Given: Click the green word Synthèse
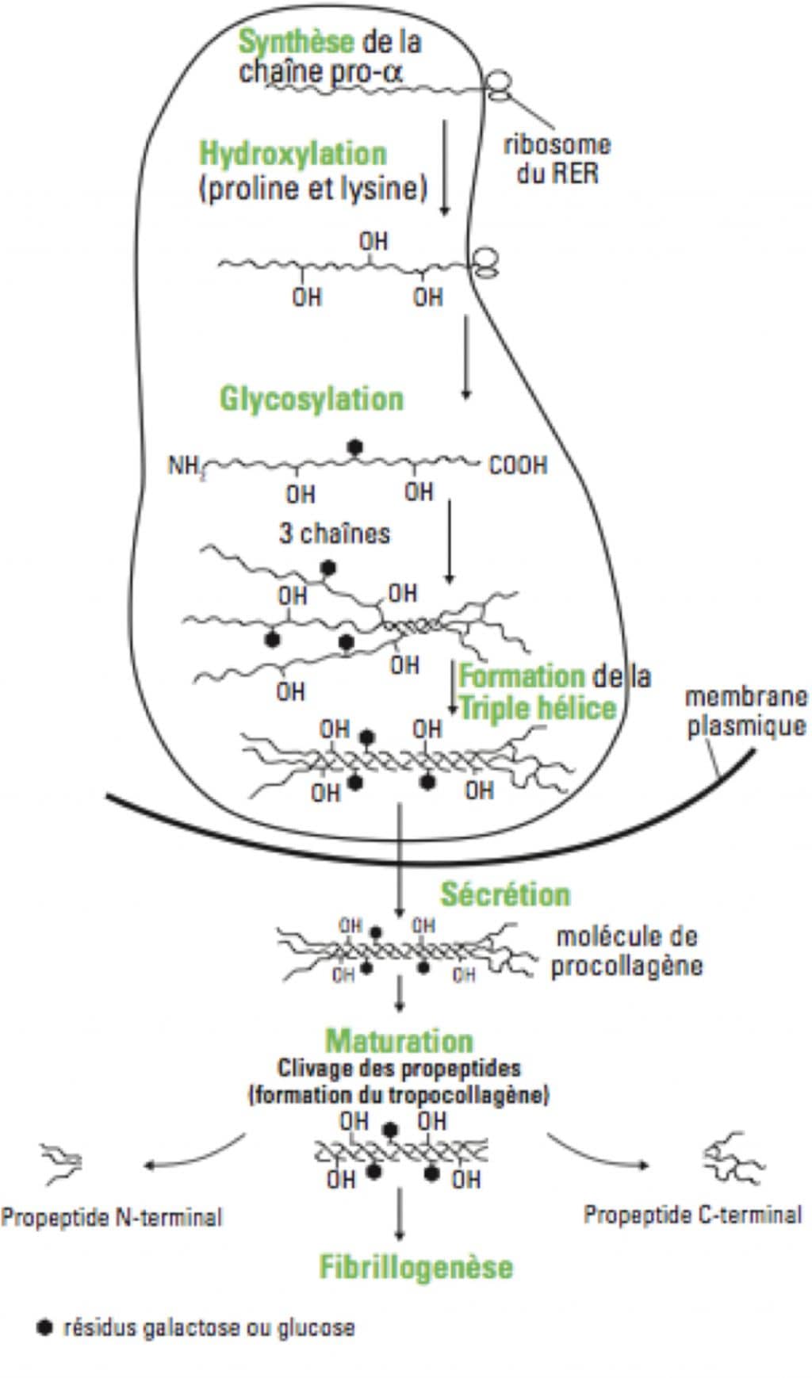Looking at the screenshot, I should pyautogui.click(x=296, y=41).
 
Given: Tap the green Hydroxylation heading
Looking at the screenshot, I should pyautogui.click(x=293, y=154).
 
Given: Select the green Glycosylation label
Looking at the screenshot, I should pyautogui.click(x=312, y=398).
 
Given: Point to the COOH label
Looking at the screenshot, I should pyautogui.click(x=518, y=465).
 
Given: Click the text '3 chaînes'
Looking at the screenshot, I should pyautogui.click(x=334, y=533).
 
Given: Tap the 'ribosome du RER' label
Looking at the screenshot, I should pyautogui.click(x=557, y=159).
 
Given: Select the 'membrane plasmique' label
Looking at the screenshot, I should pyautogui.click(x=745, y=711).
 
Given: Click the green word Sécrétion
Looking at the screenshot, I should pyautogui.click(x=505, y=894).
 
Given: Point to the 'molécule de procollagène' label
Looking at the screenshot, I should pyautogui.click(x=626, y=951).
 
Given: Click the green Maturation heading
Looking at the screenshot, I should pyautogui.click(x=399, y=1041).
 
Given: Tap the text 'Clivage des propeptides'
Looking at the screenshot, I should pyautogui.click(x=399, y=1068).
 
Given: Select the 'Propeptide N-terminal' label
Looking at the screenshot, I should pyautogui.click(x=112, y=1217).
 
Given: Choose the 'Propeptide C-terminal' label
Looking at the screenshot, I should pyautogui.click(x=693, y=1215).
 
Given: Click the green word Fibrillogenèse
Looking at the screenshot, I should pyautogui.click(x=416, y=1267).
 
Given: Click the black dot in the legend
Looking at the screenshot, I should pyautogui.click(x=45, y=1326).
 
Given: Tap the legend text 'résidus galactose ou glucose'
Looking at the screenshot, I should pyautogui.click(x=209, y=1327).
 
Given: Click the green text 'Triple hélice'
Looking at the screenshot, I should pyautogui.click(x=538, y=708).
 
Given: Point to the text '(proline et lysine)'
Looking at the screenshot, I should pyautogui.click(x=312, y=189).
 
